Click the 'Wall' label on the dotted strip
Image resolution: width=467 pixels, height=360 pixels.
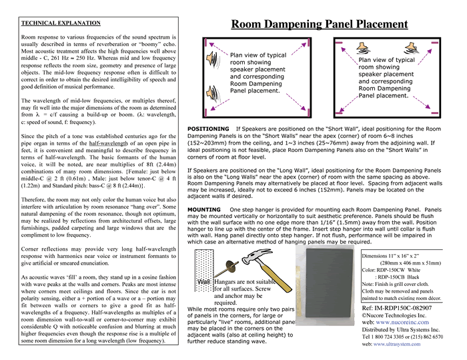[203, 282]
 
